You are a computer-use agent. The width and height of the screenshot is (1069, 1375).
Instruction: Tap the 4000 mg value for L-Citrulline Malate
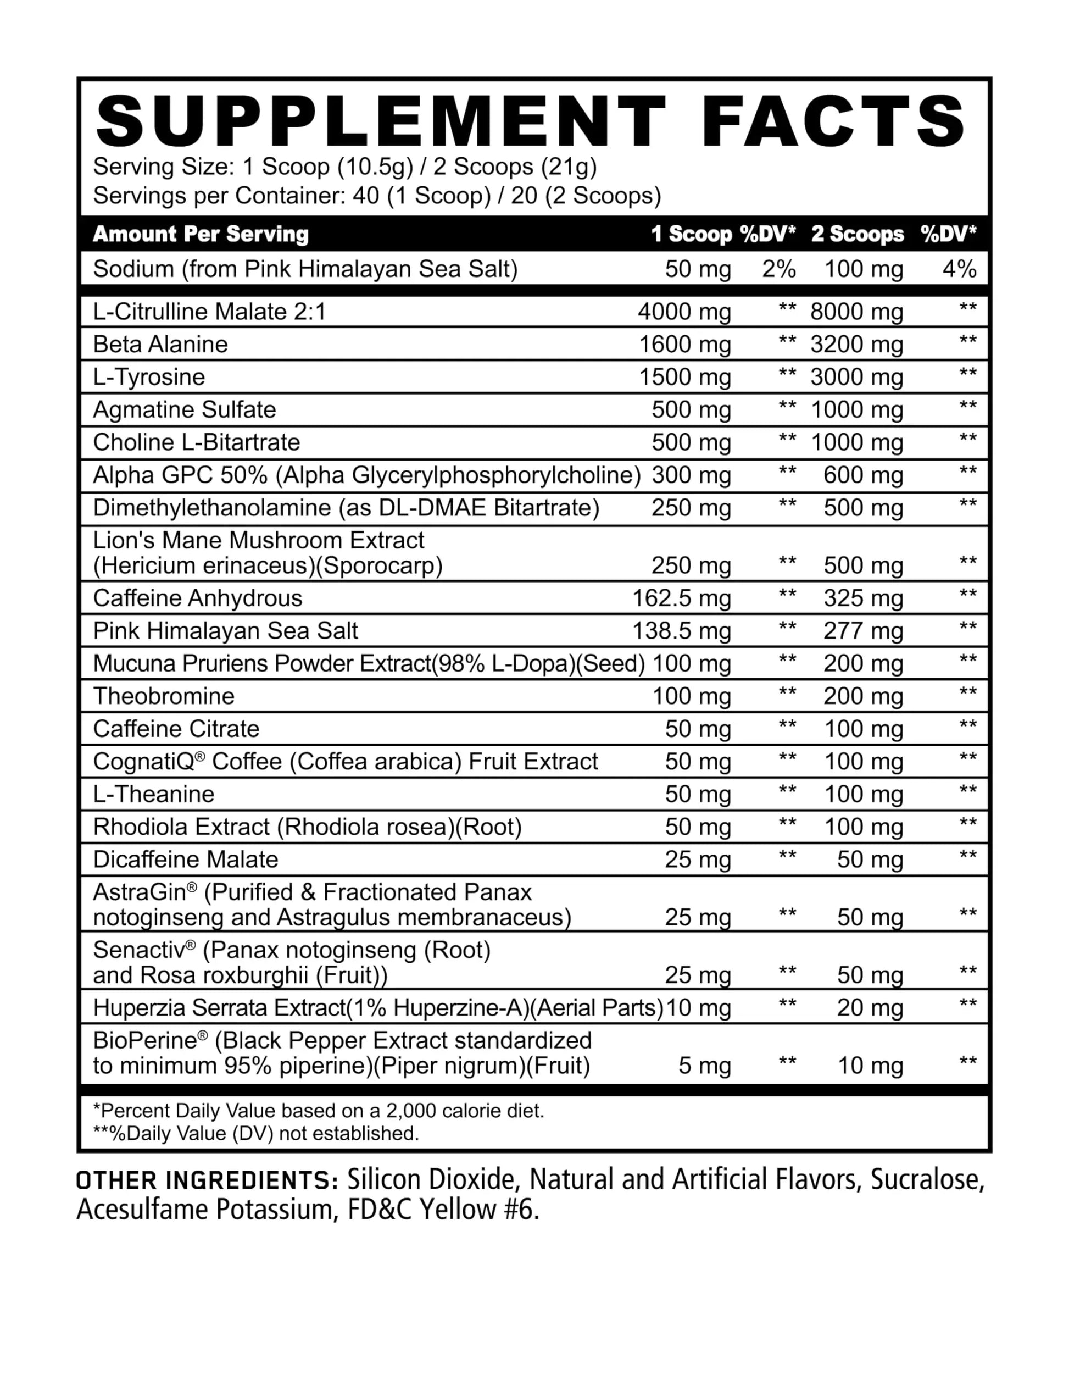click(684, 312)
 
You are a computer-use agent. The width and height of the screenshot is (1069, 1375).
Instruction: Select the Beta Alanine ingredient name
click(160, 345)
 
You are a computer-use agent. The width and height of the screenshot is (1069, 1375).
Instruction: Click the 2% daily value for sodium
click(778, 269)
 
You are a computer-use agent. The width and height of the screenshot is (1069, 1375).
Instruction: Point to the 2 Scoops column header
click(857, 234)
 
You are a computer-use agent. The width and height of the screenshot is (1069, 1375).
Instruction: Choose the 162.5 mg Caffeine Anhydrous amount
click(681, 598)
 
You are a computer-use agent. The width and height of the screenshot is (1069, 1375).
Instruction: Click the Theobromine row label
click(164, 696)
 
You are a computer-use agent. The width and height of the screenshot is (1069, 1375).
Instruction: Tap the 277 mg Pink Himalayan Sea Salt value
click(863, 631)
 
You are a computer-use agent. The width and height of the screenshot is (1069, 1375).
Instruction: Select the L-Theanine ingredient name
click(153, 795)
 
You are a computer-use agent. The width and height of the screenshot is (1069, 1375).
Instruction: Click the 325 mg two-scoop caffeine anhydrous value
click(863, 598)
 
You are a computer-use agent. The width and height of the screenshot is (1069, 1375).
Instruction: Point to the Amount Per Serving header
click(201, 234)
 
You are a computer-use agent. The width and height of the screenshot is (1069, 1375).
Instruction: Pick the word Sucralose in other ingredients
click(927, 1193)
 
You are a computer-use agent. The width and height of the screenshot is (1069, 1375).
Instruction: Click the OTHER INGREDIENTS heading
click(207, 1193)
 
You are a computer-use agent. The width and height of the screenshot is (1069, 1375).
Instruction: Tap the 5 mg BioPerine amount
click(704, 1066)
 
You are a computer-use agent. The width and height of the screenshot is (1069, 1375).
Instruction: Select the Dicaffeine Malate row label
click(186, 860)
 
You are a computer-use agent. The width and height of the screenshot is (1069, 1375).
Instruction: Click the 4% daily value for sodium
click(959, 269)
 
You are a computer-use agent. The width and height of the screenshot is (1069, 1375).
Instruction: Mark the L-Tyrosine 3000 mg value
click(856, 377)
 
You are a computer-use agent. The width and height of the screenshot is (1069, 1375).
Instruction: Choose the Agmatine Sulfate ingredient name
click(185, 410)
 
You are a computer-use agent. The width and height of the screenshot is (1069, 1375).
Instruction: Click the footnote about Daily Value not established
click(255, 1134)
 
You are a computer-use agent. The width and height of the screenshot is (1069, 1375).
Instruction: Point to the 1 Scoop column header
click(691, 234)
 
